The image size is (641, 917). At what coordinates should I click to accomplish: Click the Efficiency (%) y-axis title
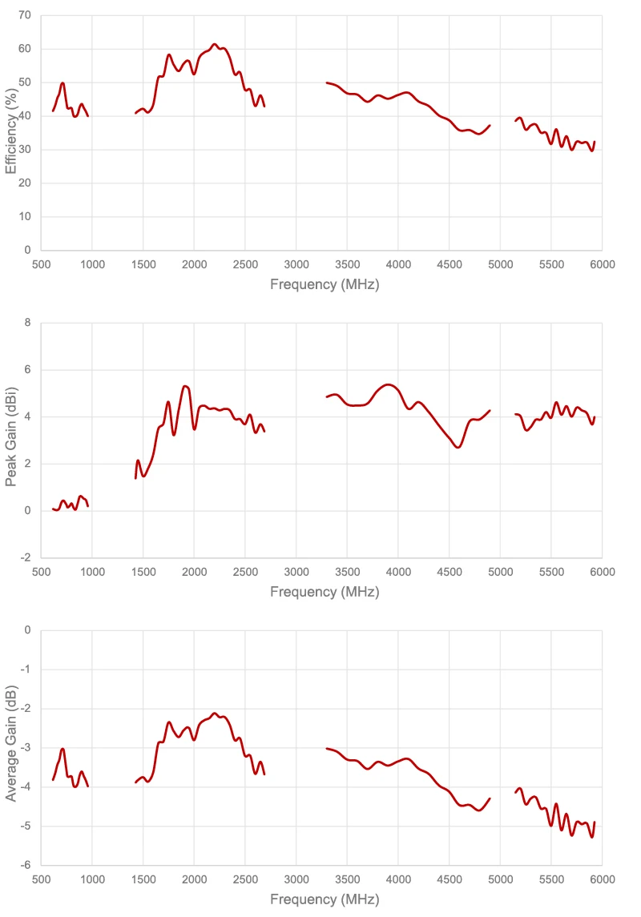pos(10,133)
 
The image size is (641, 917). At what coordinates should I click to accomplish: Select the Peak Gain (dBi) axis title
pos(10,440)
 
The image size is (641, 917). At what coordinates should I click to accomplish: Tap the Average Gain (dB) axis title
pos(10,747)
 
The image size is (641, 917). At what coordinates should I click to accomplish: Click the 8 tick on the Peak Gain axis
pos(27,323)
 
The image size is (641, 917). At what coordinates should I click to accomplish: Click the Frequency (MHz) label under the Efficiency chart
pos(324,284)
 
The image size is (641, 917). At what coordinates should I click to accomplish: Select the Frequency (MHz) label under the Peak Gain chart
pos(324,592)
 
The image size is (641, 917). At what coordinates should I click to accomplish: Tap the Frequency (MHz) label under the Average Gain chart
pos(324,899)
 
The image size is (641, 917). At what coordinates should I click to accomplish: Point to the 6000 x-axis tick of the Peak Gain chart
pos(602,572)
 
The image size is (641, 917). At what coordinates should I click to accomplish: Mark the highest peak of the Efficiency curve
pos(215,44)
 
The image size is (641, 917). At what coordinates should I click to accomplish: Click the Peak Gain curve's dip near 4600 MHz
pos(458,447)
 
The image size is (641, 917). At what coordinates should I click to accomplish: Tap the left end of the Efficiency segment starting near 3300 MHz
pos(326,82)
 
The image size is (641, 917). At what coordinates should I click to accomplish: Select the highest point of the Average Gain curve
pos(215,713)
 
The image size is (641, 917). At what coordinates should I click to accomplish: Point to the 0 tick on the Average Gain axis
pos(27,630)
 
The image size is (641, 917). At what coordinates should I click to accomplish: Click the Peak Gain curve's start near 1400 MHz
pos(135,478)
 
